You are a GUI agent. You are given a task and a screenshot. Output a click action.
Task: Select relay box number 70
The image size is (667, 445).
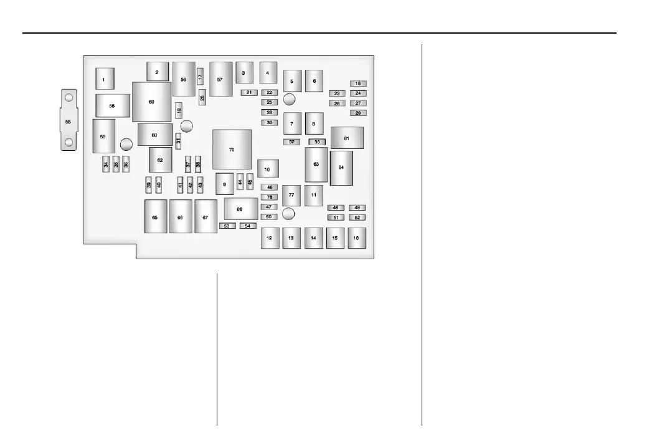pyautogui.click(x=232, y=150)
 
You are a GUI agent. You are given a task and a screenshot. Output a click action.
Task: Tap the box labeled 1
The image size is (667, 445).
pyautogui.click(x=105, y=79)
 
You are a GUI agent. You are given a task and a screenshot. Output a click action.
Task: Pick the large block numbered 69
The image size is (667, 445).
pyautogui.click(x=151, y=102)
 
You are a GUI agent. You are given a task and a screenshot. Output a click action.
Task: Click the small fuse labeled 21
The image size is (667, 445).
pyautogui.click(x=249, y=92)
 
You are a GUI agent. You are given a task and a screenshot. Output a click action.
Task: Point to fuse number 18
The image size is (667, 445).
pyautogui.click(x=358, y=83)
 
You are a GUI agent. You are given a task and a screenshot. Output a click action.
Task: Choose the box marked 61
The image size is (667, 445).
pyautogui.click(x=347, y=138)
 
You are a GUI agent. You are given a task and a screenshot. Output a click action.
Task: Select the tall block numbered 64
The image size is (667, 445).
pyautogui.click(x=341, y=168)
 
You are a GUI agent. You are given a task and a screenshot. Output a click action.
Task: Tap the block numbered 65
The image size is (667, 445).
pyautogui.click(x=155, y=216)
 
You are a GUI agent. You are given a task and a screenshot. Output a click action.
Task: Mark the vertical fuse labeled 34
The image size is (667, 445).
pyautogui.click(x=106, y=165)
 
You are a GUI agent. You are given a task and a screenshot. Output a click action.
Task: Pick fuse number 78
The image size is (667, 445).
pyautogui.click(x=270, y=197)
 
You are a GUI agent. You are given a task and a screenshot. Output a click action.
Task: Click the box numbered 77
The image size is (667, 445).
pyautogui.click(x=291, y=195)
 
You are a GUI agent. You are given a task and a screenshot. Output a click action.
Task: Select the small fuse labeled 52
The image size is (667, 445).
pyautogui.click(x=357, y=217)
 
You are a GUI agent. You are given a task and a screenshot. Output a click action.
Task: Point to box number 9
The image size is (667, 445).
pyautogui.click(x=224, y=184)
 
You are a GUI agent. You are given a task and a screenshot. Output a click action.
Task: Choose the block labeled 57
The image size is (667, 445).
pyautogui.click(x=220, y=79)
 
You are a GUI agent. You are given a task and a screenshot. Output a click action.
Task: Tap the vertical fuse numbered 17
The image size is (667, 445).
pyautogui.click(x=200, y=77)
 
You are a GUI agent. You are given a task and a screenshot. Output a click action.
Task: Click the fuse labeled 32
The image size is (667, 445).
pyautogui.click(x=291, y=141)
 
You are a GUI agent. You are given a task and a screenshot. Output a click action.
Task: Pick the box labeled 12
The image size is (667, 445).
pyautogui.click(x=270, y=238)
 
